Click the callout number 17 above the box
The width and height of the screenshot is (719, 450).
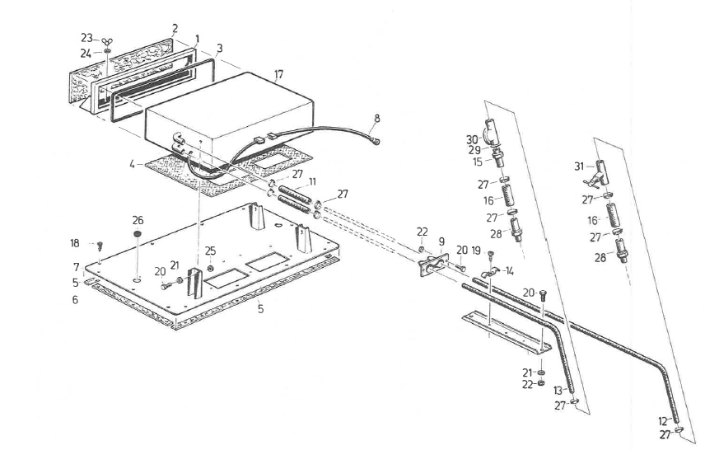tap(278, 74)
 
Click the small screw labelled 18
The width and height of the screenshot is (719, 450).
tap(100, 246)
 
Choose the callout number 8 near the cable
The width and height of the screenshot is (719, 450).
tap(376, 119)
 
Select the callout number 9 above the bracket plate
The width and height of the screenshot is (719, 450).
tap(441, 241)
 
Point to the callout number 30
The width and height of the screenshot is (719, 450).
tap(472, 138)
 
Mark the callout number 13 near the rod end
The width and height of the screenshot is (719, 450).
tap(558, 390)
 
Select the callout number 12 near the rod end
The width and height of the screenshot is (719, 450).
tap(663, 421)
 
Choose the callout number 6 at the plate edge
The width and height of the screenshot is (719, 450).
tap(75, 300)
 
